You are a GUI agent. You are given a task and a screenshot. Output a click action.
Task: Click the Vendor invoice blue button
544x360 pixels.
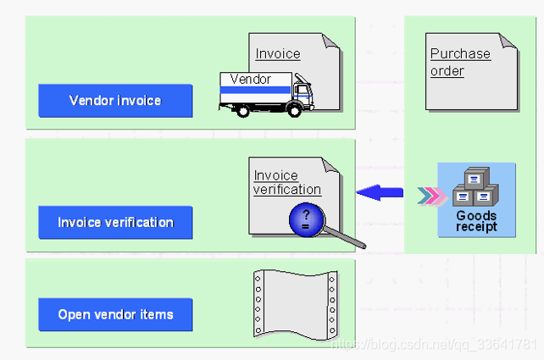pos(115,101)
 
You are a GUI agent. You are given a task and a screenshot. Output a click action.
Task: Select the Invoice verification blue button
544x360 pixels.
pos(115,223)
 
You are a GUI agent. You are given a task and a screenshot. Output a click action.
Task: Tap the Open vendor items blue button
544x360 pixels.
pos(115,315)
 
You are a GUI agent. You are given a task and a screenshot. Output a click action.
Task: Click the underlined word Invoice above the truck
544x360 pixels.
pos(278,53)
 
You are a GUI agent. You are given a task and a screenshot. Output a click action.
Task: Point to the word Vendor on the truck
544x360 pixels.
pos(250,80)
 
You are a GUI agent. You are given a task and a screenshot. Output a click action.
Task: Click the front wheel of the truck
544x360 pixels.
pos(294,108)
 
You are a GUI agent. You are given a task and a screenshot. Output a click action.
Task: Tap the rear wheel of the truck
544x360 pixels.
pos(241,108)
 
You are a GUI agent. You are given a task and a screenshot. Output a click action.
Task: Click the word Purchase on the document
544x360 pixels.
pos(460,53)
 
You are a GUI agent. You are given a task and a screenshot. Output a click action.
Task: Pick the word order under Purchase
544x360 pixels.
pos(447,70)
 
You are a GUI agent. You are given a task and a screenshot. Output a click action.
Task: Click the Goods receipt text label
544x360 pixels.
pos(476,222)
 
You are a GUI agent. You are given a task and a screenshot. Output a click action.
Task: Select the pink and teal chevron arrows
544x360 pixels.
pos(430,198)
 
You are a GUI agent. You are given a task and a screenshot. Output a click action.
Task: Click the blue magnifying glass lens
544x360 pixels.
pos(305,219)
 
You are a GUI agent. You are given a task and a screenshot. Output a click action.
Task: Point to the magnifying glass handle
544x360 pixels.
pos(348,239)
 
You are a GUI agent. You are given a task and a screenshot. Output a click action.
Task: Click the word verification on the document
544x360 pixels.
pos(287,190)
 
